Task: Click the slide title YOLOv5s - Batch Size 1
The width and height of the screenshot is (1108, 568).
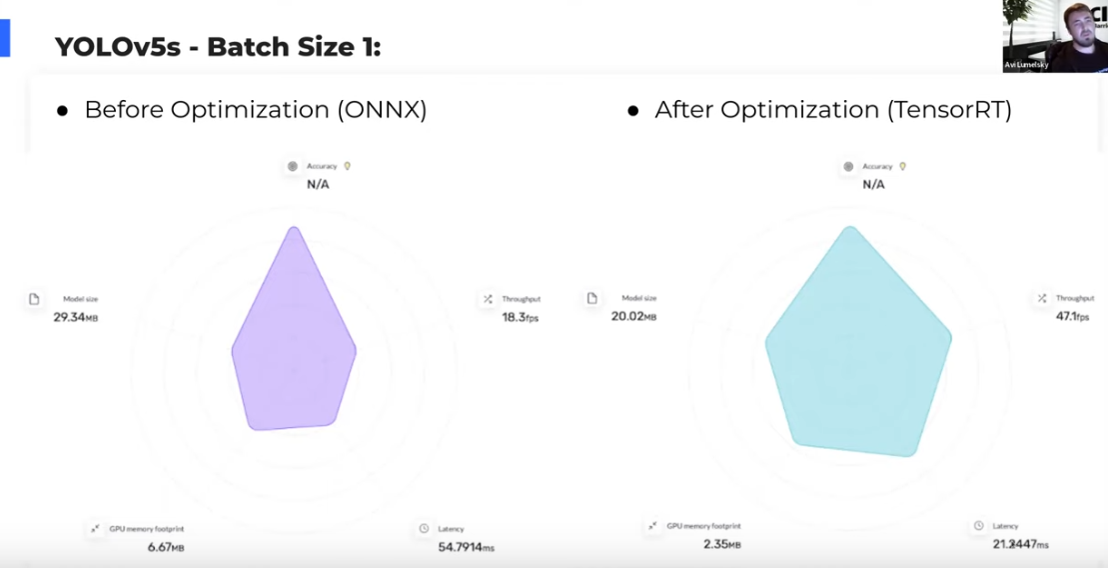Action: tap(218, 46)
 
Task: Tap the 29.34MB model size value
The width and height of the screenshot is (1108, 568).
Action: tap(76, 317)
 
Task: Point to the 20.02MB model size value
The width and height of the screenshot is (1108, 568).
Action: tap(634, 317)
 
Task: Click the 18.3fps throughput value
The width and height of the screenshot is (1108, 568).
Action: tap(520, 317)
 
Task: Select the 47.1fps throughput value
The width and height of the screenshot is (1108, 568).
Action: tap(1072, 317)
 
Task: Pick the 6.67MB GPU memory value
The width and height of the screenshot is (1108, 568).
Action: tap(166, 547)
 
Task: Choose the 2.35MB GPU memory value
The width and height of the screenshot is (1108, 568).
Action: tap(720, 545)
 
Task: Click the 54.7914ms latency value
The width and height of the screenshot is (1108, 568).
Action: tap(466, 547)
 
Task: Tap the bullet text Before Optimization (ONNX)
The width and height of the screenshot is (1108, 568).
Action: tap(255, 110)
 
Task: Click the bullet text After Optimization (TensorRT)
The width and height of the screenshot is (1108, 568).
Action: tap(832, 110)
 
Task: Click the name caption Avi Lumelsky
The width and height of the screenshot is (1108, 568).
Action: tap(1026, 65)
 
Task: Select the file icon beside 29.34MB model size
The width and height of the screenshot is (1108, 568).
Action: tap(34, 299)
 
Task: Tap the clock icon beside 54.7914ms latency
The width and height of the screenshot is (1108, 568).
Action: tap(424, 528)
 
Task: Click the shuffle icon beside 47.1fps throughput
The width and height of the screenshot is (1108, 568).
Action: tap(1042, 298)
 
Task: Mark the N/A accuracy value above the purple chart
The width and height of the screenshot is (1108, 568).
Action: tap(318, 184)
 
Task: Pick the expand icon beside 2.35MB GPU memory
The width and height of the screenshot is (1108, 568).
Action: tap(651, 525)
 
